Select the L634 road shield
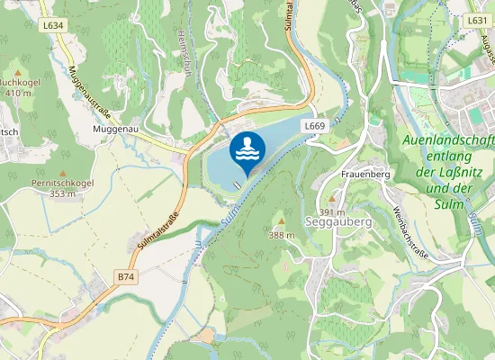pyautogui.click(x=53, y=25)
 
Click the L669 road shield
pyautogui.click(x=314, y=126)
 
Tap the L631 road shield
pyautogui.click(x=477, y=19)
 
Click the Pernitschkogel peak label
pyautogui.click(x=61, y=182)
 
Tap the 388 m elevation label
pyautogui.click(x=282, y=235)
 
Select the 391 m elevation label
pyautogui.click(x=332, y=211)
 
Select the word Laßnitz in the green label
pyautogui.click(x=460, y=173)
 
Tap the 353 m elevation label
pyautogui.click(x=61, y=193)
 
